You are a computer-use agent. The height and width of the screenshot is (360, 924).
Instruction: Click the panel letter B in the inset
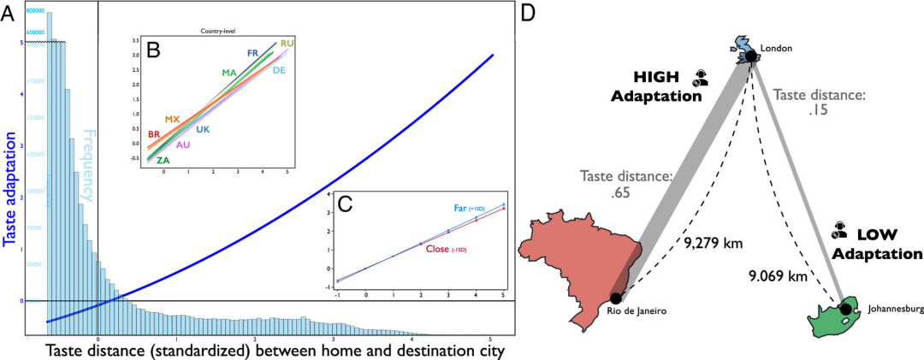tap(154, 50)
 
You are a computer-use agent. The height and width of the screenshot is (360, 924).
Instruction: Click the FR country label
tap(252, 53)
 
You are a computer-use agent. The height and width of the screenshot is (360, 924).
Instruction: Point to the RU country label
tap(287, 43)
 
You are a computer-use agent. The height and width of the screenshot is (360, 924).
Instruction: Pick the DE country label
tap(279, 70)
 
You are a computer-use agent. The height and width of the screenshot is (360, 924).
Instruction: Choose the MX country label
tap(172, 119)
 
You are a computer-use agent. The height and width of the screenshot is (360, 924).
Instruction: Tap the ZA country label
tap(163, 160)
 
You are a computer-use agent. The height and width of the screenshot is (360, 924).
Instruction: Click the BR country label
tap(154, 134)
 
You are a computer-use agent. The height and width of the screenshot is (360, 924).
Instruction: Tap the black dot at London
tap(750, 56)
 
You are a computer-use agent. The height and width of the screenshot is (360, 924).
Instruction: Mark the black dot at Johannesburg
tap(845, 309)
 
